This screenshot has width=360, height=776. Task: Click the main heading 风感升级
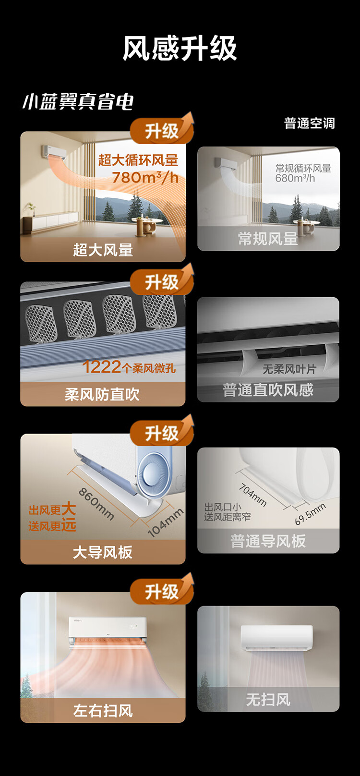pyautogui.click(x=180, y=48)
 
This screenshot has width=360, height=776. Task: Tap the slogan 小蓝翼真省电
pyautogui.click(x=78, y=101)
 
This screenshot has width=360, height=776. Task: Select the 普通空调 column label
pyautogui.click(x=309, y=123)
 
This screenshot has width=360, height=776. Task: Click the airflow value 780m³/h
pyautogui.click(x=145, y=178)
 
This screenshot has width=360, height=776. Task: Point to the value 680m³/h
pyautogui.click(x=295, y=178)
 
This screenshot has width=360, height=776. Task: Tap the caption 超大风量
pyautogui.click(x=103, y=250)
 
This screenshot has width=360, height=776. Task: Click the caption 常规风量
pyautogui.click(x=268, y=239)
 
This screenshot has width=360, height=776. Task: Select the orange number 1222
pyautogui.click(x=101, y=367)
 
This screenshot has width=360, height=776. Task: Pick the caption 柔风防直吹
pyautogui.click(x=102, y=394)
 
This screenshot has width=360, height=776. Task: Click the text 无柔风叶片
pyautogui.click(x=289, y=369)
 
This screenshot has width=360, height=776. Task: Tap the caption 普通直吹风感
pyautogui.click(x=268, y=389)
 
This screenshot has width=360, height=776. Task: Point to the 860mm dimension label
pyautogui.click(x=96, y=504)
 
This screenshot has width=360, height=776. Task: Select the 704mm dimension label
pyautogui.click(x=252, y=495)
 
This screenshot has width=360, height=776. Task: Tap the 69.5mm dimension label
pyautogui.click(x=310, y=513)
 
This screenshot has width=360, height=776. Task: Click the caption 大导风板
pyautogui.click(x=102, y=552)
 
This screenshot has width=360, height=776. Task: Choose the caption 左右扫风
pyautogui.click(x=103, y=710)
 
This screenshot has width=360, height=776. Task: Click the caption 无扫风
pyautogui.click(x=268, y=699)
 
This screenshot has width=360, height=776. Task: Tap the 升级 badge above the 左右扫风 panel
pyautogui.click(x=161, y=592)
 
